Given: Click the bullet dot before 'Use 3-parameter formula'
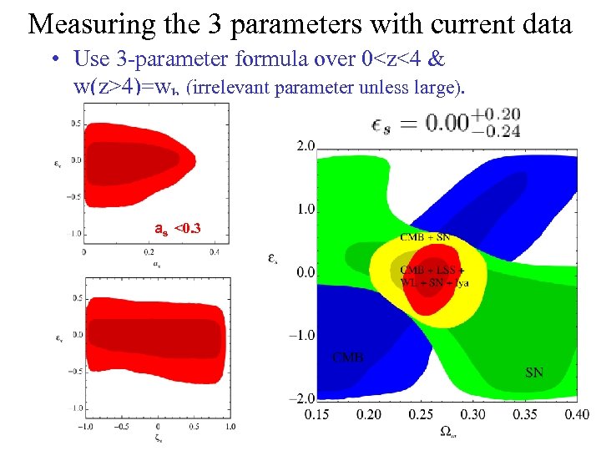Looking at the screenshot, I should [53, 60].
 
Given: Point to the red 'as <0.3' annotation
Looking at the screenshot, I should [178, 228].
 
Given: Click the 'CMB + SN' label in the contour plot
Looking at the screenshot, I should [425, 238].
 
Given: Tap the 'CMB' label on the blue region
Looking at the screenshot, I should [348, 357].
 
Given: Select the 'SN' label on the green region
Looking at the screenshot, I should [534, 372].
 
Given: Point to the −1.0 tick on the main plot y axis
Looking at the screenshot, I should [302, 335].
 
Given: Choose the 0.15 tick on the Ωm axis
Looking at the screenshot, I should [316, 413].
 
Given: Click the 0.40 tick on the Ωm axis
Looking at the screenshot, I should [576, 413].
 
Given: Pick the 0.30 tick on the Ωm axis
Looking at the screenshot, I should [472, 413].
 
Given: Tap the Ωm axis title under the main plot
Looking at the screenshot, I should [447, 433].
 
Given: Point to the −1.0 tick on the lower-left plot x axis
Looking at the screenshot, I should [85, 426].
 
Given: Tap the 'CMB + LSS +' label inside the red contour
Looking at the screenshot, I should [432, 270].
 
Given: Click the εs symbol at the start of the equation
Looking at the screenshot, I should [385, 124].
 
